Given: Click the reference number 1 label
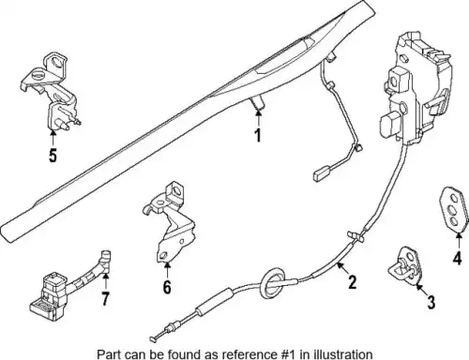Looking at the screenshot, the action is click(258, 135).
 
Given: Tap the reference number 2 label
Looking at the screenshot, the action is click(353, 282).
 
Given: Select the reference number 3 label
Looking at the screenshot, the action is click(431, 302).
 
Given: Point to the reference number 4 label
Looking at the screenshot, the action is click(457, 258).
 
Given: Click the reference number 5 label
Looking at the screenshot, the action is click(53, 155).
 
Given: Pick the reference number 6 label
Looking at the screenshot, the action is click(167, 287).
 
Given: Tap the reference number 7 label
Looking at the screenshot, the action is click(105, 299).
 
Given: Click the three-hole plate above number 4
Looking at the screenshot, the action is click(455, 210).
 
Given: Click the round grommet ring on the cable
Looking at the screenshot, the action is click(273, 282).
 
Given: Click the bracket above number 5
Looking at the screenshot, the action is click(52, 91).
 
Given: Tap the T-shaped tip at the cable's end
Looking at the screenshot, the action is click(153, 338).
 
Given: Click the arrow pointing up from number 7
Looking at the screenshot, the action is click(106, 281).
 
